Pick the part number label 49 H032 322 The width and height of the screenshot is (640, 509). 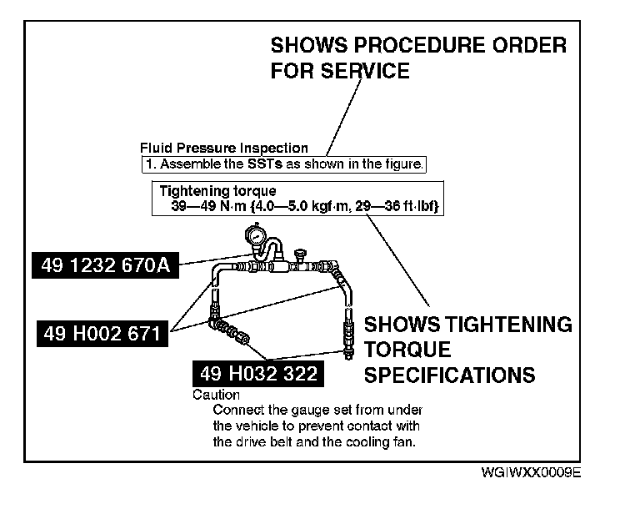(257, 374)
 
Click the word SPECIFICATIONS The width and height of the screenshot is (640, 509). (449, 375)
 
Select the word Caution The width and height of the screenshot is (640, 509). (216, 395)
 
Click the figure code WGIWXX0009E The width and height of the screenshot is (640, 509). (530, 471)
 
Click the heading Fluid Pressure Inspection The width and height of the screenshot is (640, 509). (223, 149)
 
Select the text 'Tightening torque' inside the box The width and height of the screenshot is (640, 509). (217, 191)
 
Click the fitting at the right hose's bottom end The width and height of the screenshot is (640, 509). (347, 338)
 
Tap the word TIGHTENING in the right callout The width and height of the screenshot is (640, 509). (507, 325)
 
